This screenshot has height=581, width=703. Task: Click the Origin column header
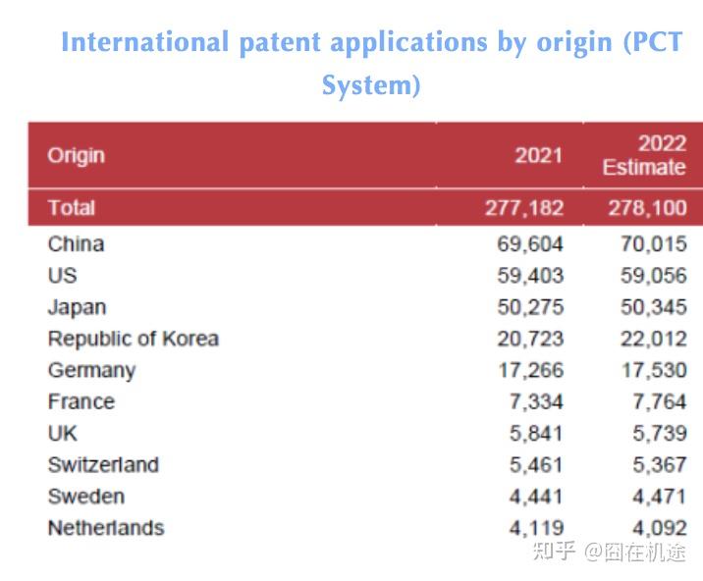(x=76, y=155)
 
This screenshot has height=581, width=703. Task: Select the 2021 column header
(x=539, y=155)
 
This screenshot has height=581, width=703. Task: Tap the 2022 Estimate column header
(x=644, y=155)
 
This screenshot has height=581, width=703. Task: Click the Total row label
(x=72, y=207)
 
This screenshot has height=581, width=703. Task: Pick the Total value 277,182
(x=524, y=207)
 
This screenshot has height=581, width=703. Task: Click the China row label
(x=76, y=243)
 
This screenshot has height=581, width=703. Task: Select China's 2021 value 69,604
(x=530, y=243)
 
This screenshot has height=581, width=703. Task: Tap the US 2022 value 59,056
(x=653, y=276)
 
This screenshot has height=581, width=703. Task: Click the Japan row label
(x=77, y=307)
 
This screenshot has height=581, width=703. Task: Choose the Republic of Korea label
(x=133, y=339)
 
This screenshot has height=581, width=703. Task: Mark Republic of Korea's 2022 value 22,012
(x=653, y=339)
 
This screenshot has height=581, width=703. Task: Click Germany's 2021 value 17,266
(x=530, y=370)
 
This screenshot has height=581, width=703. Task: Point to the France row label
(x=81, y=401)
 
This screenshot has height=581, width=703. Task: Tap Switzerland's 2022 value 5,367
(x=659, y=464)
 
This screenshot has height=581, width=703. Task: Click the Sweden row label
(x=85, y=496)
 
